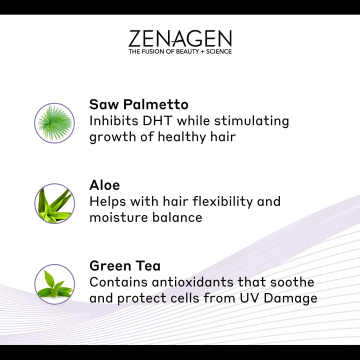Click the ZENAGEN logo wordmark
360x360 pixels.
pos(180,39)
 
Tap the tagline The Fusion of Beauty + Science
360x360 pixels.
pos(180,51)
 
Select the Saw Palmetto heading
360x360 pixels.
pos(138,104)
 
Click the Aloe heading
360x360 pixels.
pos(104,185)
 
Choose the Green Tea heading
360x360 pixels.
pos(125,265)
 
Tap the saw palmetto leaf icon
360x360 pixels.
pos(54,123)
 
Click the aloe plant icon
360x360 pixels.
pos(54,203)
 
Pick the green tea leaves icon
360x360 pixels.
pos(54,284)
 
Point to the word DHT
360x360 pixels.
pos(157,120)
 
